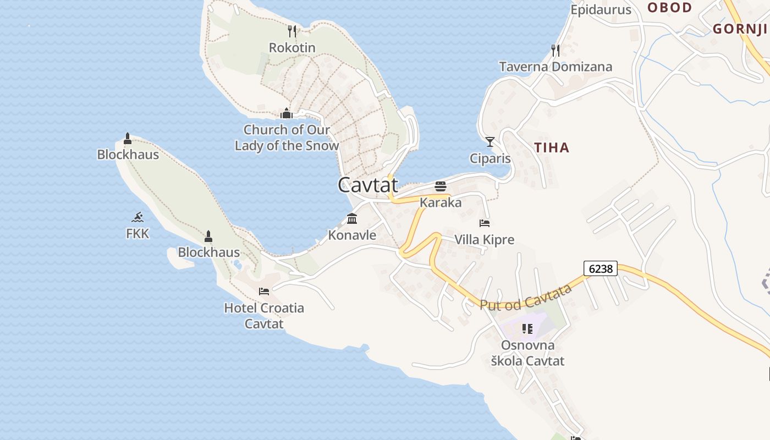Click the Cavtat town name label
(x=367, y=185)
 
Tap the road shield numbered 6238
(x=601, y=269)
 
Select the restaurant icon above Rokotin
(x=292, y=31)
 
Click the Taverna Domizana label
(x=555, y=67)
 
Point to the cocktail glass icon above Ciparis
(x=490, y=141)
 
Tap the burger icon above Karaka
(x=440, y=186)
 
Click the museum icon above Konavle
(x=352, y=218)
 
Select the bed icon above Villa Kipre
(x=485, y=223)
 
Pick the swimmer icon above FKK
(x=137, y=217)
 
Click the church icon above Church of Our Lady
(x=286, y=113)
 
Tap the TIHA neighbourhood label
(x=552, y=147)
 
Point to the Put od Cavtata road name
(x=526, y=298)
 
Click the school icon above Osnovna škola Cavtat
(x=527, y=329)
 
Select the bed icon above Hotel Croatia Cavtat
(x=264, y=291)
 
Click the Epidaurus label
(x=601, y=10)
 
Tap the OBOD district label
(x=669, y=8)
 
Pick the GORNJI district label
(x=740, y=29)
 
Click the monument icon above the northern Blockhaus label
(x=128, y=138)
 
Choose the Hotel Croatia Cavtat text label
(x=264, y=316)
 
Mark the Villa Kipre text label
(x=485, y=240)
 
